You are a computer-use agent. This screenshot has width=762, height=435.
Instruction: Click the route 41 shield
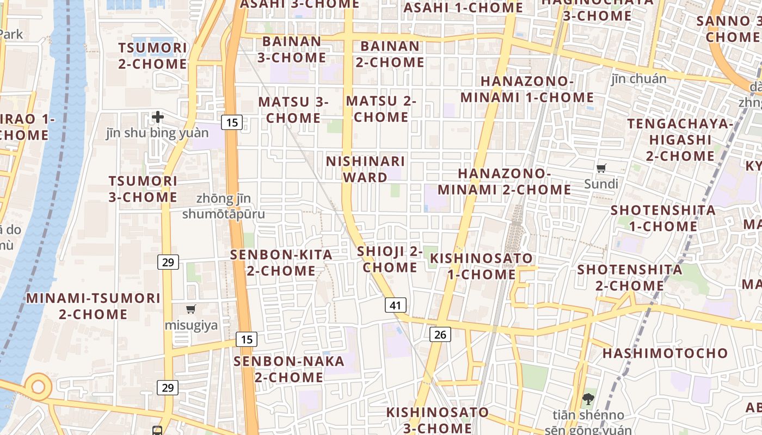pyautogui.click(x=395, y=305)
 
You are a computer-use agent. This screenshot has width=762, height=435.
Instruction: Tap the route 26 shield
pyautogui.click(x=440, y=334)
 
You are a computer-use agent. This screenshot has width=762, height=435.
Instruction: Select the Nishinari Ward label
pyautogui.click(x=366, y=169)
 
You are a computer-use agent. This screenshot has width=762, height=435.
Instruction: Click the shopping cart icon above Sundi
pyautogui.click(x=601, y=168)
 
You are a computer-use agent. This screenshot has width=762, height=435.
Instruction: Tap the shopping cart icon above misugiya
pyautogui.click(x=190, y=309)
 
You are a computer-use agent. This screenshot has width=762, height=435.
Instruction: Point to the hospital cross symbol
pyautogui.click(x=158, y=116)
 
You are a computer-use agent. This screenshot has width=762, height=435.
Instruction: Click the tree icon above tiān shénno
pyautogui.click(x=588, y=399)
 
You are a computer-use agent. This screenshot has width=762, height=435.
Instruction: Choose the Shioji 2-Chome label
pyautogui.click(x=390, y=259)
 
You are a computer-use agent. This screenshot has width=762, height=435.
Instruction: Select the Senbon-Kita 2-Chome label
pyautogui.click(x=281, y=263)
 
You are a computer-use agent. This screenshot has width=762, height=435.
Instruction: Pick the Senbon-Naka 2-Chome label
pyautogui.click(x=289, y=369)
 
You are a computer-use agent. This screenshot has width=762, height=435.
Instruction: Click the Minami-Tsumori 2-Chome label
pyautogui.click(x=93, y=306)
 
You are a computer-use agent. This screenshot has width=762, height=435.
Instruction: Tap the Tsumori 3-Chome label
pyautogui.click(x=143, y=189)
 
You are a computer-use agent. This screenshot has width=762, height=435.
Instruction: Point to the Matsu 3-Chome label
pyautogui.click(x=293, y=110)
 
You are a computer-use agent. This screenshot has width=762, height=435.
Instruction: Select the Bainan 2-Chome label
pyautogui.click(x=390, y=54)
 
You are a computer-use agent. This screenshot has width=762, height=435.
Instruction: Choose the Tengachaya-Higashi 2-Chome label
pyautogui.click(x=680, y=140)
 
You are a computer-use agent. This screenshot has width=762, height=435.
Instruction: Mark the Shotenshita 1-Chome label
pyautogui.click(x=663, y=218)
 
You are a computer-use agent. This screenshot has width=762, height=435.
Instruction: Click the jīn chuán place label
pyautogui.click(x=638, y=79)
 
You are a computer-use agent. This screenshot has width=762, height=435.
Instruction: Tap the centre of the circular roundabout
pyautogui.click(x=38, y=387)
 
